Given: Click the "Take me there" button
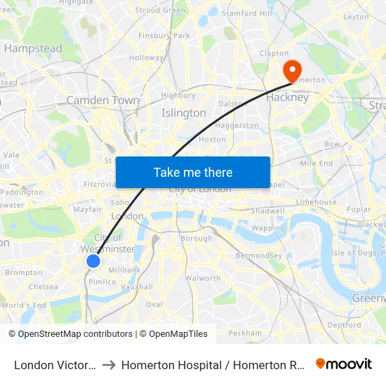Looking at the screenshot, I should coord(192,172).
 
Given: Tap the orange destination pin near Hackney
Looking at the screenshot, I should coord(291,70).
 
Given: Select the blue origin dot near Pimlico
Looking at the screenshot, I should coord(93,261).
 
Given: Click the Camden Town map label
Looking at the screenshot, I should coord(102,100).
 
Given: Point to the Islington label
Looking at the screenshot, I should coord(184,112).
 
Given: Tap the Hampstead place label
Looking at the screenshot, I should coord(33,48).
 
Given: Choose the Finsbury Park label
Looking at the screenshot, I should coord(164,35).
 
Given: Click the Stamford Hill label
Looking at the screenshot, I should coord(246,13).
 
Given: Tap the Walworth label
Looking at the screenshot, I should coord(204,278).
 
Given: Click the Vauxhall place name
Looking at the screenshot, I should coord(137,286).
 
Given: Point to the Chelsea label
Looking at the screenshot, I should coord(44,286).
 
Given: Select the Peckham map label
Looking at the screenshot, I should coord(244,332).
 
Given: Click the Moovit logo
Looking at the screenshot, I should coord(344,364).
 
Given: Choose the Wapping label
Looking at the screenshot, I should coord(268,228).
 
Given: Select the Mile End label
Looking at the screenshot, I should coord(316,163).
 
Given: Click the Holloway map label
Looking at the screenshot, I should coord(146,58).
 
